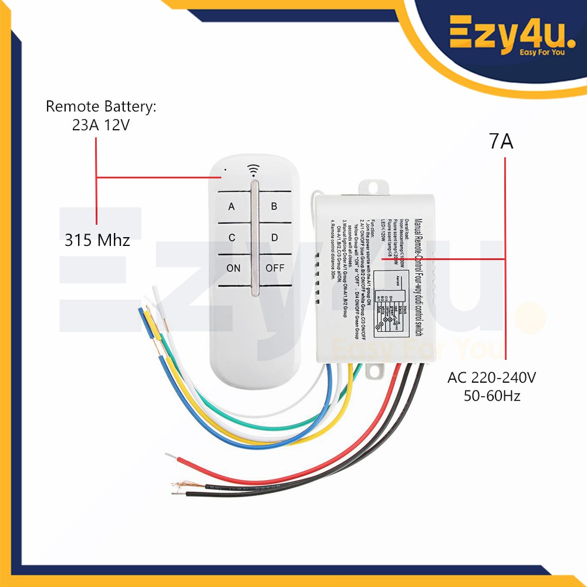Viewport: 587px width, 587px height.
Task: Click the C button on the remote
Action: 232,238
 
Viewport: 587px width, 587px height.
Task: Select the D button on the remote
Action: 274,238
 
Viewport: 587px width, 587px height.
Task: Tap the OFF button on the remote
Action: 275,268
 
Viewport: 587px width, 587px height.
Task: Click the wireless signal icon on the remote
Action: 254,170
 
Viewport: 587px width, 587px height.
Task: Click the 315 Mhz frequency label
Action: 97,240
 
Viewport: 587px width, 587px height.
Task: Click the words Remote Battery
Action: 102,107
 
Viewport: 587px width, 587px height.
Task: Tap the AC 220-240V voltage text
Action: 492,377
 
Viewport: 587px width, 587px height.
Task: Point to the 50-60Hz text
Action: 492,396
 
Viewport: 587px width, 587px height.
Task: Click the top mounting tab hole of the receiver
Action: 374,186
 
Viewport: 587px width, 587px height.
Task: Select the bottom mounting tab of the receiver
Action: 373,372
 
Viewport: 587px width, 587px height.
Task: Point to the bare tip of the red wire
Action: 171,456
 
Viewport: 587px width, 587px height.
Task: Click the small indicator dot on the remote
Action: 225,172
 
